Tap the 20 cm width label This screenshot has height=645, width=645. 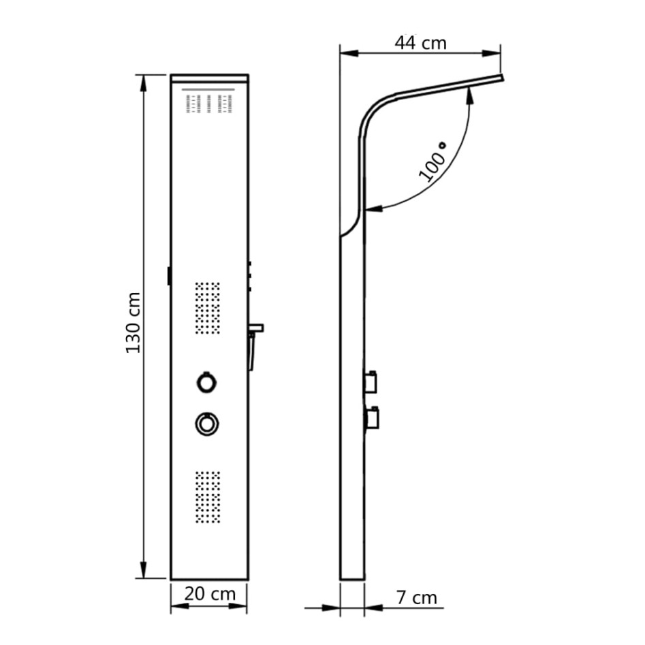(x=210, y=594)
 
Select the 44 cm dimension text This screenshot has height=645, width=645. (x=420, y=43)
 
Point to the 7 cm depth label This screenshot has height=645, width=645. (x=415, y=598)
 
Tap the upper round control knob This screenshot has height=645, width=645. (x=206, y=381)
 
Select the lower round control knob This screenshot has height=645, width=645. (x=206, y=423)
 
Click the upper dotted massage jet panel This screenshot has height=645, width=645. (x=208, y=308)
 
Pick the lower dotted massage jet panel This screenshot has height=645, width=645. (x=208, y=497)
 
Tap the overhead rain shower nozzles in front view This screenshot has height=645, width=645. (x=209, y=104)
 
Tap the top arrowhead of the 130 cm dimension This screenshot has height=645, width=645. (x=144, y=80)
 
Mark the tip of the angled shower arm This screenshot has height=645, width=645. (x=503, y=79)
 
